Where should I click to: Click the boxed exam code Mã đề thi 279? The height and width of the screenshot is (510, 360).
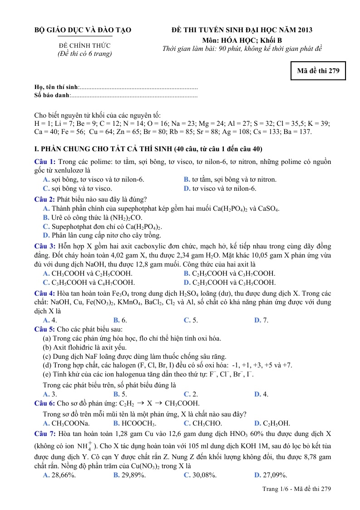[x=318, y=70]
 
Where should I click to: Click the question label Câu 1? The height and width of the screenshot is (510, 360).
[x=45, y=162]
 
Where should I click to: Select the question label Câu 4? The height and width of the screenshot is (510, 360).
[x=45, y=293]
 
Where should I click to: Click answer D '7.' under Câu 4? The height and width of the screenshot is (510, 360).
[x=261, y=320]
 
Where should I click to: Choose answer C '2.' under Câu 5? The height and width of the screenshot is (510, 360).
[x=191, y=394]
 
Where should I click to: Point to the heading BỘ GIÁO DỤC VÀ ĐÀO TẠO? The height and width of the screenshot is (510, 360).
[x=83, y=30]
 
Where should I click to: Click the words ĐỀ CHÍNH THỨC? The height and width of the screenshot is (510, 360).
[x=84, y=45]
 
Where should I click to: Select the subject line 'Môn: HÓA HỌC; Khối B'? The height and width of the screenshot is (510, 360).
[x=242, y=40]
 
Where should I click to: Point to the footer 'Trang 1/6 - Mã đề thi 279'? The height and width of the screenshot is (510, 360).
[x=297, y=489]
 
